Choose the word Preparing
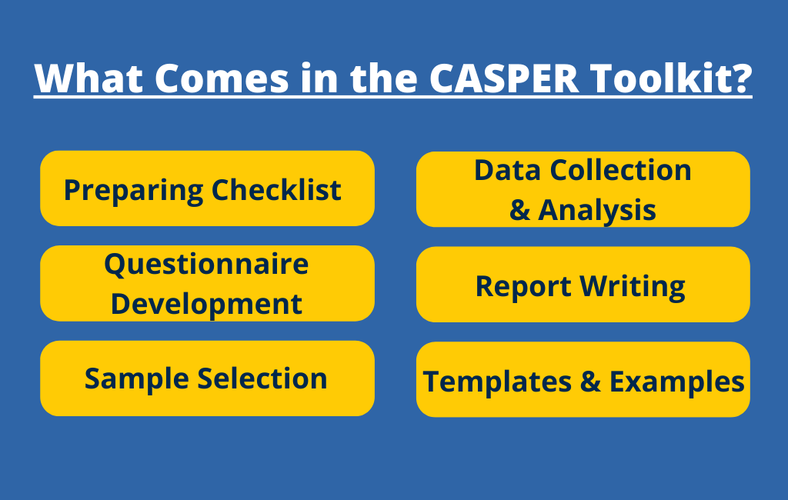[133, 189]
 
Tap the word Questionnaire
[206, 265]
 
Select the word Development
[206, 304]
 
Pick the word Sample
[136, 378]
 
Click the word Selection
[262, 378]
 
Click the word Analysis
[597, 209]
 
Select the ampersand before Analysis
[519, 210]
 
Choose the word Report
[523, 286]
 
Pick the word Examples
[677, 382]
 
